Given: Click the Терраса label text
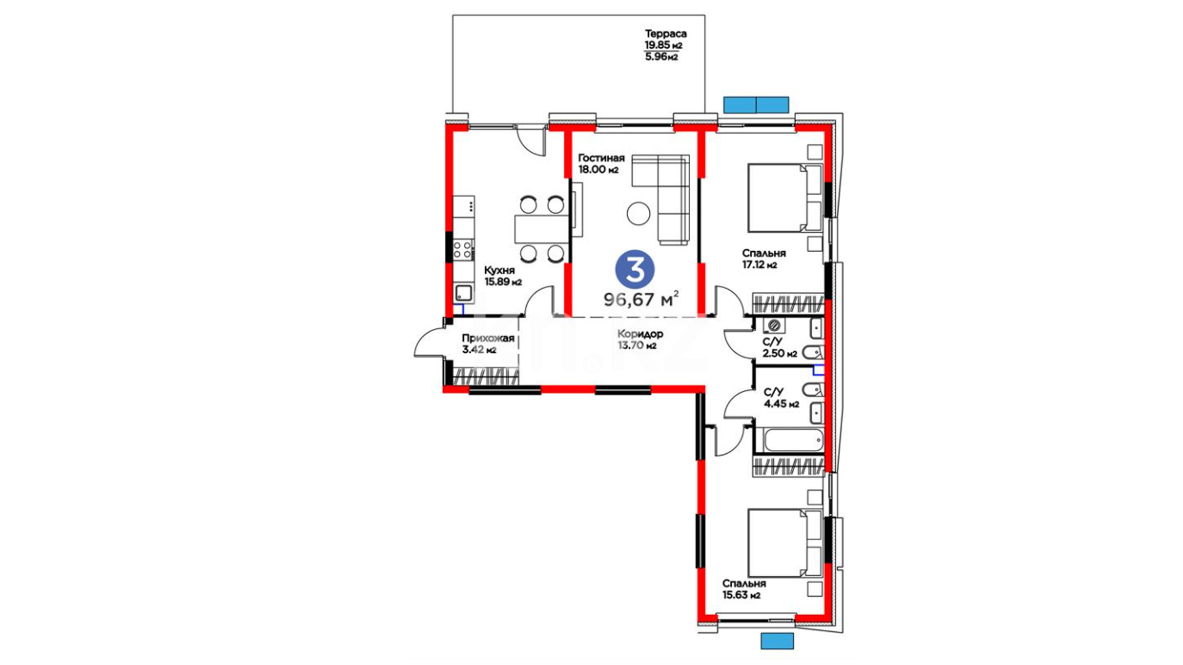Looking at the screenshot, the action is coord(665,34).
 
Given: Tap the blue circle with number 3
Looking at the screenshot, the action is coord(635,270).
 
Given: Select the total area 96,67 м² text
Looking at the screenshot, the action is coord(641,299).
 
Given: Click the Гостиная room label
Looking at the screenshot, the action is coord(601,158).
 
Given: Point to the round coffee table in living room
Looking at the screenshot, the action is coord(638,214).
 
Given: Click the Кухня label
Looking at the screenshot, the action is coord(499,270).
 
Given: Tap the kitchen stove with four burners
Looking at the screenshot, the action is coord(463,249).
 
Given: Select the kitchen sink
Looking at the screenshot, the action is coord(463,293).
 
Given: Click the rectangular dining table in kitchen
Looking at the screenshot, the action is coord(542,229).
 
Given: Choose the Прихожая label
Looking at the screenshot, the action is coord(488,338).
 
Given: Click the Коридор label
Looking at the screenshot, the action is coord(640,334).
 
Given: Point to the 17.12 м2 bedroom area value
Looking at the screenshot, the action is coord(759,265).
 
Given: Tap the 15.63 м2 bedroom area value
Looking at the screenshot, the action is coord(741,595).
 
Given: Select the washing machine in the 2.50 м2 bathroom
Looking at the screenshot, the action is coord(774,325).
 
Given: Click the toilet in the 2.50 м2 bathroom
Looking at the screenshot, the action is coord(813,352).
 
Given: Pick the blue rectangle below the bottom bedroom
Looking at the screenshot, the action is coord(777,640).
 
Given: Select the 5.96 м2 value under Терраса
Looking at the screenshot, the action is coord(661,57).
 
